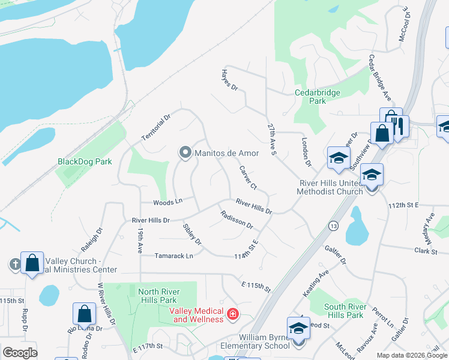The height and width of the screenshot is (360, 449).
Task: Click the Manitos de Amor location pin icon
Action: [x=185, y=153]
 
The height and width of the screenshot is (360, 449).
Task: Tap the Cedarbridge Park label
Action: [x=318, y=97]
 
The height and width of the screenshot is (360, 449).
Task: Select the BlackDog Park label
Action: [x=85, y=161]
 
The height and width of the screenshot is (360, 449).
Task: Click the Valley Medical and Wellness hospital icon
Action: [x=232, y=314]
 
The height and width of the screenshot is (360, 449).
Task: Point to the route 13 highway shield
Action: [x=333, y=225]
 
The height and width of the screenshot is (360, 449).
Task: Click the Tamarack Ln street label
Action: [x=173, y=256]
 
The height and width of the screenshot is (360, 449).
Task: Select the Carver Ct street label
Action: [x=248, y=177]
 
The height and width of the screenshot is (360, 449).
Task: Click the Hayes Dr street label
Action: [x=229, y=80]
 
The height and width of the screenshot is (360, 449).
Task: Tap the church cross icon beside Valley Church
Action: [x=15, y=264]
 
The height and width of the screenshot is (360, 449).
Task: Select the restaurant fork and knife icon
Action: [x=399, y=125]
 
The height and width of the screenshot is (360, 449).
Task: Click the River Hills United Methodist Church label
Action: [x=330, y=187]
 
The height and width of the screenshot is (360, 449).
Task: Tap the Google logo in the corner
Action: [x=20, y=353]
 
